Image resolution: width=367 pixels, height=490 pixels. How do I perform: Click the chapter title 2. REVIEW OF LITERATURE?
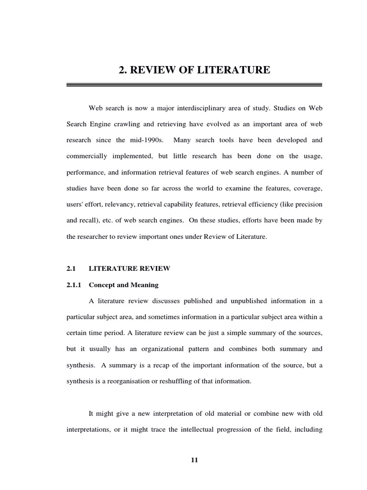(x=194, y=70)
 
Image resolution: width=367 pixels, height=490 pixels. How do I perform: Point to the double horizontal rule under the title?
(x=194, y=85)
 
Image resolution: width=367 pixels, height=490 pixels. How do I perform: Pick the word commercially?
(x=86, y=156)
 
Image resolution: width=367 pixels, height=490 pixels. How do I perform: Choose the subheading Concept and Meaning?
(x=124, y=285)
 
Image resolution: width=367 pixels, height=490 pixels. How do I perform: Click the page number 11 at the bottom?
(x=194, y=460)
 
